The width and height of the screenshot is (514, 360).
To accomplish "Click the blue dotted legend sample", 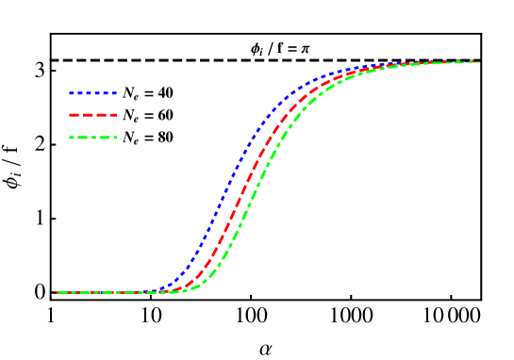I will [92, 93].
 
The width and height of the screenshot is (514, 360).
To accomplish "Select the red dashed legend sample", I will [92, 115].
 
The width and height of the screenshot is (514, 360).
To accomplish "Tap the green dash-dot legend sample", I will [92, 138].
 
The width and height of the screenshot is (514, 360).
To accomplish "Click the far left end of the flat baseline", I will [51, 292].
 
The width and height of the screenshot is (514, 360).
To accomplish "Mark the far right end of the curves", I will [479, 62].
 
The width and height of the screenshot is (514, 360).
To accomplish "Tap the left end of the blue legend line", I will [70, 93].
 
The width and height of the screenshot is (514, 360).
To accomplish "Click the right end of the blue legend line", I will [116, 93].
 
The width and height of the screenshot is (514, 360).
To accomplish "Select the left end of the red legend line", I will [70, 115].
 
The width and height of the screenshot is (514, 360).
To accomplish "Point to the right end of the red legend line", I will [116, 115].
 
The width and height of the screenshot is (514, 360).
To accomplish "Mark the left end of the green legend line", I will [70, 138].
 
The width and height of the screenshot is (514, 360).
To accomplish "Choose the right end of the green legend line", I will [116, 138].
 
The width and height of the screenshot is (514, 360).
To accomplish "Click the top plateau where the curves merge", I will [434, 63].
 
